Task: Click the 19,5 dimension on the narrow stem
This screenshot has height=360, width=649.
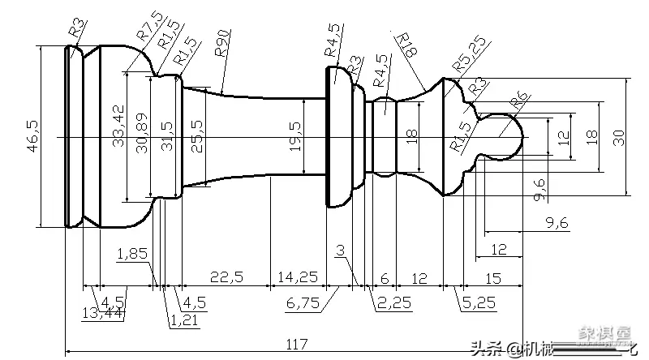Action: coord(294,136)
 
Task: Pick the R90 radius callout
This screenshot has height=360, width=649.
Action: coord(223,42)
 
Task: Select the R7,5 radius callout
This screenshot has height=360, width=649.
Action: coord(148,24)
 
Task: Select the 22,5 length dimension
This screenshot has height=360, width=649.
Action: coord(226,277)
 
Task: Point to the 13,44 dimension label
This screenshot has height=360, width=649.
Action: coord(103,312)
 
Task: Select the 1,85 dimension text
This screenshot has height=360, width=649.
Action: coord(132,254)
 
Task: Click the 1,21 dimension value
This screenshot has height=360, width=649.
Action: coord(183,321)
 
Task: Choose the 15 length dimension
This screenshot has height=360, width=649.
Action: coord(492,277)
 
